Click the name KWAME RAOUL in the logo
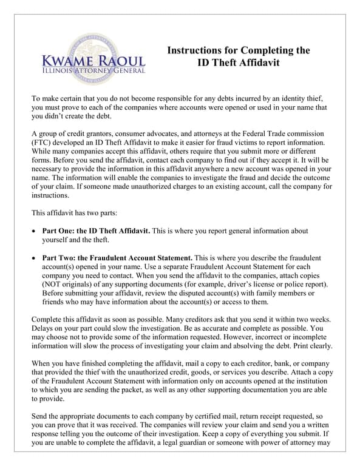coord(93,61)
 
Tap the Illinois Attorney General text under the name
coord(93,71)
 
